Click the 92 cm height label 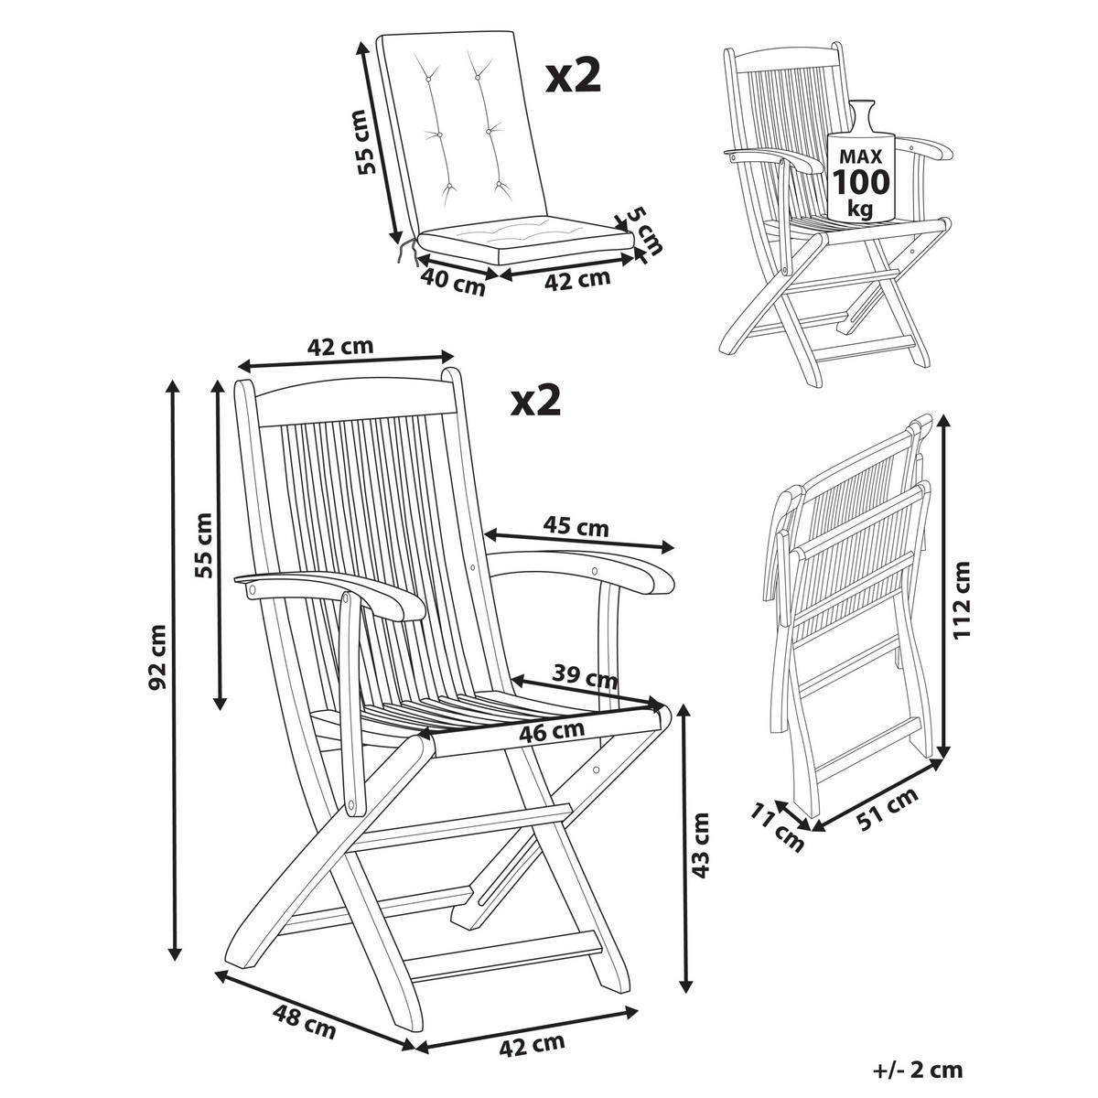[x=157, y=656]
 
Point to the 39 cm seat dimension [x=587, y=678]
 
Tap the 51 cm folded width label [x=886, y=808]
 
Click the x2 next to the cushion [x=573, y=77]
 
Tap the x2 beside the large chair [x=534, y=400]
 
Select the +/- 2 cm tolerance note [x=918, y=1068]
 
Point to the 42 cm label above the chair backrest [x=341, y=347]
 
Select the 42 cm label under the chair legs [x=533, y=1042]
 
